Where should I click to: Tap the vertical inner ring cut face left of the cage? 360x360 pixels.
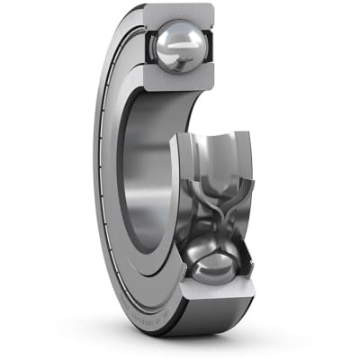tap(179, 180)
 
